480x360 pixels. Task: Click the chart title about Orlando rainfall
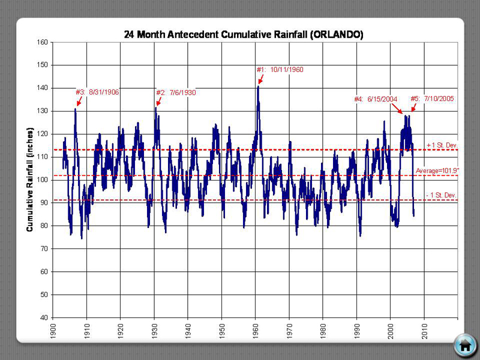pos(243,35)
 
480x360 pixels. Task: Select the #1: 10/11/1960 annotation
pos(280,70)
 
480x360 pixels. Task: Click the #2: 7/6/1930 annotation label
pos(176,92)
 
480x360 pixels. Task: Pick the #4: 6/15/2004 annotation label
pos(376,99)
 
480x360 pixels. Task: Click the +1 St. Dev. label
pos(442,145)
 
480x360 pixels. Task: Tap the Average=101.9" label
pos(437,170)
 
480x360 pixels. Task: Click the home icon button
pos(464,345)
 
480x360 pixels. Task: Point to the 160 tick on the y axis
pos(41,42)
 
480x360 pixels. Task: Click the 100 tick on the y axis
pos(41,179)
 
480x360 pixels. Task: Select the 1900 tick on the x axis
pos(53,329)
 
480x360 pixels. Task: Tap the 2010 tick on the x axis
pos(424,329)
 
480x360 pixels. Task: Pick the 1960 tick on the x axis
pos(256,329)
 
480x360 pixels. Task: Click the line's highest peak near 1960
pos(258,86)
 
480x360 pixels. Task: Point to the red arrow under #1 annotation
pos(260,79)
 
